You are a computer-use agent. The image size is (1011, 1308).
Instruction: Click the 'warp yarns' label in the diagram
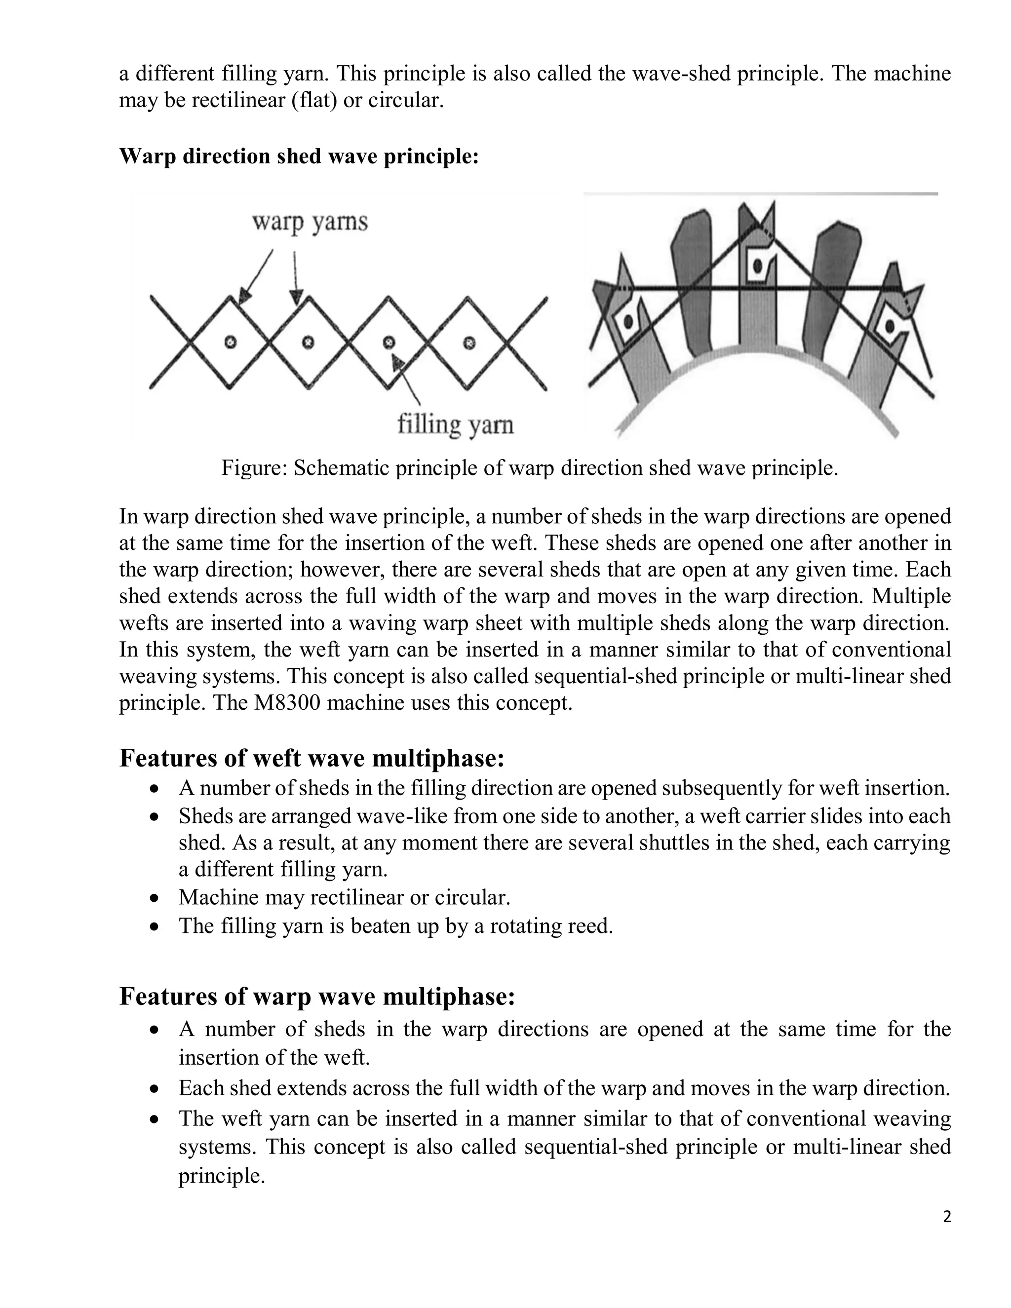pyautogui.click(x=309, y=222)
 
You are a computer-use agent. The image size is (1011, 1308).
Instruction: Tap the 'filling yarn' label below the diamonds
pyautogui.click(x=455, y=424)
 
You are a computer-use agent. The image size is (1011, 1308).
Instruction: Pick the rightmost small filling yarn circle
pyautogui.click(x=469, y=343)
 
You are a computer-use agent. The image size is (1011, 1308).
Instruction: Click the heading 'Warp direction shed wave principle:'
pyautogui.click(x=299, y=156)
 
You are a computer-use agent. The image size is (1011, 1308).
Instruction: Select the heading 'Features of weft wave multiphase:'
pyautogui.click(x=312, y=758)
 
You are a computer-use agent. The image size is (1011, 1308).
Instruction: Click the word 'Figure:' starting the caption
pyautogui.click(x=254, y=468)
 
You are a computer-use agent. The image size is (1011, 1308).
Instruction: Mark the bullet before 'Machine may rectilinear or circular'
pyautogui.click(x=155, y=898)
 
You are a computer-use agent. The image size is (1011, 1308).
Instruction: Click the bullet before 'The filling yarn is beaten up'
pyautogui.click(x=155, y=926)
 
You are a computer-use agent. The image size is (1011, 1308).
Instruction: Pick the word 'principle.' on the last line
pyautogui.click(x=222, y=1176)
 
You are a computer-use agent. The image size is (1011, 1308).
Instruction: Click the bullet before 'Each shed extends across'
pyautogui.click(x=155, y=1089)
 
